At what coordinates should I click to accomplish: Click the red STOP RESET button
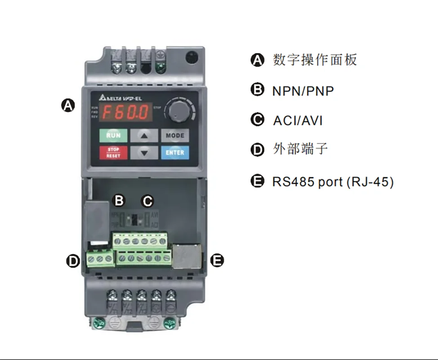pos(113,153)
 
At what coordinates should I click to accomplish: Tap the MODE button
pos(175,135)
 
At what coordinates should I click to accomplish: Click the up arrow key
pos(144,135)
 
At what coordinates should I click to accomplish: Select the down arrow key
pos(144,153)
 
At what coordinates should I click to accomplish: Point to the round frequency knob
pos(179,109)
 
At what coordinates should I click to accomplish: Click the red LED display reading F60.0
pos(125,111)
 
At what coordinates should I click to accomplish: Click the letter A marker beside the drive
pos(67,106)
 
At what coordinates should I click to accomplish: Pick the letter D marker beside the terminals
pos(73,260)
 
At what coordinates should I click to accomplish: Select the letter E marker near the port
pos(217,260)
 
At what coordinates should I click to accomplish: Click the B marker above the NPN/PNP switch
pos(119,201)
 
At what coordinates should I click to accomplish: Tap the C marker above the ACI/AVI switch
pos(147,201)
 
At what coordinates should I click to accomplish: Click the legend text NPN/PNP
pos(303,91)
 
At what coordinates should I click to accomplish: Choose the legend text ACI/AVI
pos(298,121)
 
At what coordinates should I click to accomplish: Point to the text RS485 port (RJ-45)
pos(333,182)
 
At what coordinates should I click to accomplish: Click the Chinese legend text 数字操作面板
pos(315,60)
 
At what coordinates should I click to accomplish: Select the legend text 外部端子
pos(300,149)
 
